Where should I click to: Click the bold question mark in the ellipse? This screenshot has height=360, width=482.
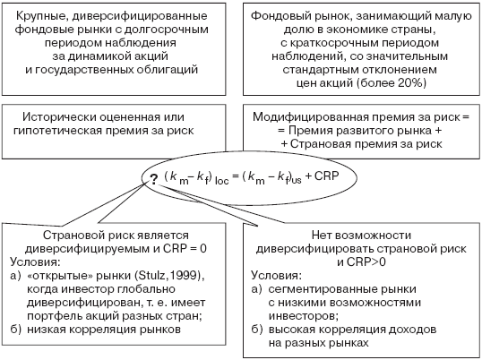[154, 178]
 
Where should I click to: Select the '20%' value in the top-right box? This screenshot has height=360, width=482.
[411, 83]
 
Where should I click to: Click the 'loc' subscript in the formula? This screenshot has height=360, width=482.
[221, 181]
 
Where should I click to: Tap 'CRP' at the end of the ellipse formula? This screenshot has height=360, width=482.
[326, 176]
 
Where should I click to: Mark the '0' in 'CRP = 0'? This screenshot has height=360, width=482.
[203, 248]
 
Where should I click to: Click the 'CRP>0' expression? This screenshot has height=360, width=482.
[366, 262]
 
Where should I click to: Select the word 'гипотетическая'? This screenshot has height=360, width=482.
[58, 131]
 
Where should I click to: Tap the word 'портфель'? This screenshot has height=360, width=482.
[53, 316]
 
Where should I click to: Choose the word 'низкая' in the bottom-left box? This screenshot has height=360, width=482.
[47, 330]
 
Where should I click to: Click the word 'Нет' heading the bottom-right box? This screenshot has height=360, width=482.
[322, 236]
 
